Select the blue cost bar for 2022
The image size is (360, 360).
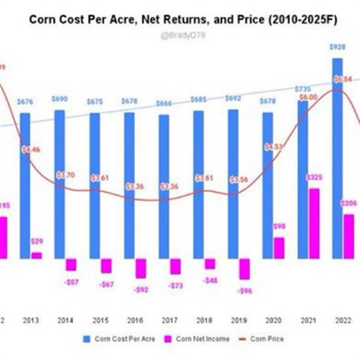337,156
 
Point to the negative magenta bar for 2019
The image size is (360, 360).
244,269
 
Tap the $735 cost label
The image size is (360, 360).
303,89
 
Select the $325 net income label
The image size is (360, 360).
313,178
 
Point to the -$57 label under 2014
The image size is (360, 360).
71,281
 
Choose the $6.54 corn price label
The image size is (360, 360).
343,79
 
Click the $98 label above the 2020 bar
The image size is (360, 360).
278,226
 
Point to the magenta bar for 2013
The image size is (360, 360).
37,255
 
